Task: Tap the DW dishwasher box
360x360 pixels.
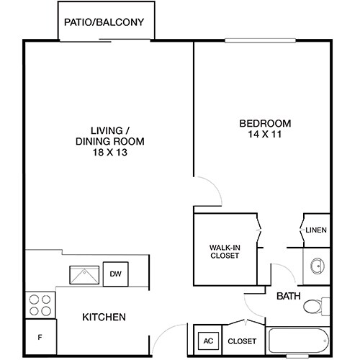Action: tap(115, 274)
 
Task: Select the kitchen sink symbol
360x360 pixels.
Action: tap(84, 274)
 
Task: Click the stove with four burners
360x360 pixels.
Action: tap(40, 305)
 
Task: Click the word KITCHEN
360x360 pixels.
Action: tap(104, 318)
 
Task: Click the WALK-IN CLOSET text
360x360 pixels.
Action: tap(225, 251)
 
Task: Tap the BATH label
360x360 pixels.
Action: tap(289, 295)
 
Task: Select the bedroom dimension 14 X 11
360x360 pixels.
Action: tap(265, 134)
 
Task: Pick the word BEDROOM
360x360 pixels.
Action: tap(265, 122)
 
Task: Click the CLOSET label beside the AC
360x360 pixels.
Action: tap(242, 341)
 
